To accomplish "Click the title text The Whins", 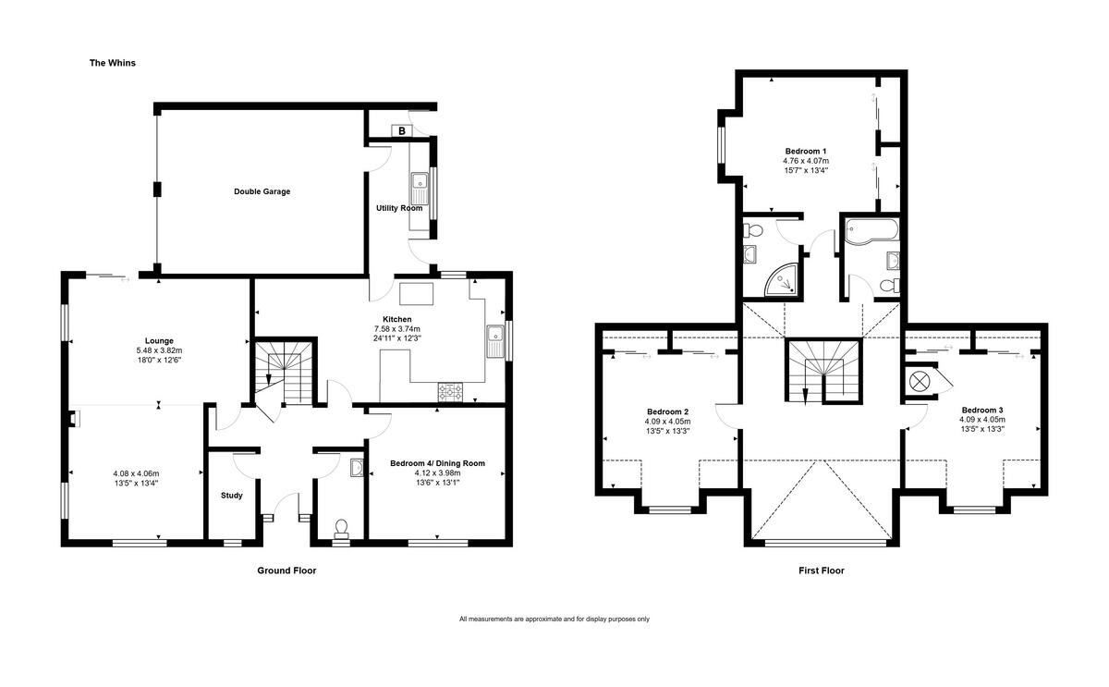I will [112, 63].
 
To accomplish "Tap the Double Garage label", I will [262, 191].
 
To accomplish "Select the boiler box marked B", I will [401, 131].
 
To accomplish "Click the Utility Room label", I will [398, 208].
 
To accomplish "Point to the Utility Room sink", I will [420, 187].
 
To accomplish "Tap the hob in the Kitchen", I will [450, 392].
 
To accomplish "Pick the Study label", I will [231, 496].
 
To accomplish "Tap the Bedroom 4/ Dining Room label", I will [437, 463].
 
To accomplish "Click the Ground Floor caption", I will [286, 570].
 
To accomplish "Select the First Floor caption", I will [822, 570].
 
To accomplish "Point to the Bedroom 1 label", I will [806, 151].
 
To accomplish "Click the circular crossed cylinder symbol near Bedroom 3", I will [921, 382].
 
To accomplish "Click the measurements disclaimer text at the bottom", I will [554, 619].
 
